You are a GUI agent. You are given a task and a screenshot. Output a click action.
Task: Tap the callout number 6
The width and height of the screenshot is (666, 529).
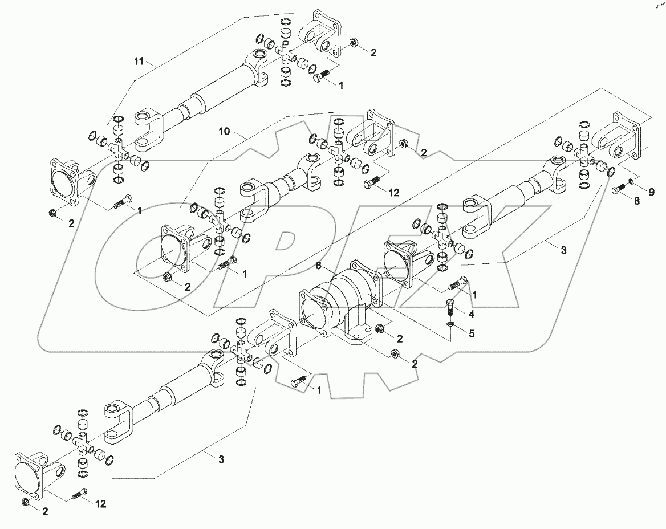(319, 266)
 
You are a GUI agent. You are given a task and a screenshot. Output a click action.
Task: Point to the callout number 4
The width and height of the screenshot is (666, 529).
(471, 314)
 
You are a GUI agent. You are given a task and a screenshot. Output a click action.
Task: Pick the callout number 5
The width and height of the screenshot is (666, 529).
(471, 335)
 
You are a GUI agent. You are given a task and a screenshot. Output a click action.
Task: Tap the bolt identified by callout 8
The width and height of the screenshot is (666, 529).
(618, 191)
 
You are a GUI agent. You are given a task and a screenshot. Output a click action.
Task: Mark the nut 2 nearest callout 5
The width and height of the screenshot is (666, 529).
(381, 329)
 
